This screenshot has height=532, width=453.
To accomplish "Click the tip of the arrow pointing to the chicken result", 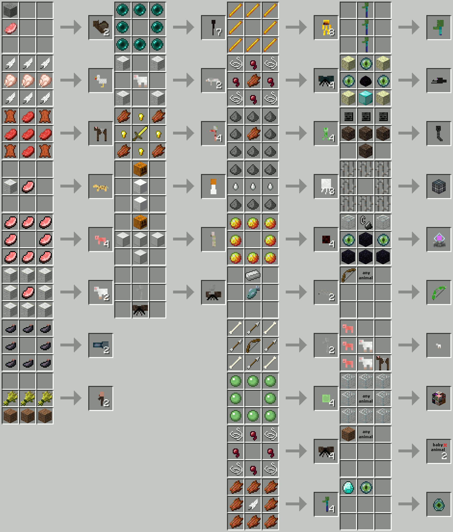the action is pos(82,80).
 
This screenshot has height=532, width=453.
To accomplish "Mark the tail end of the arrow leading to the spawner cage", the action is pos(398,186).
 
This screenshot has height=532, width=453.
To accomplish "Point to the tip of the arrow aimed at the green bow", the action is pos(420,292).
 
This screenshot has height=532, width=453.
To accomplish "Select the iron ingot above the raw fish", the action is pos(253,275).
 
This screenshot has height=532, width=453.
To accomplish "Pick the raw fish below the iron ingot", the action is pos(253,292).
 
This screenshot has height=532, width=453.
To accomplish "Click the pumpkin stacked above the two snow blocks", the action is pos(140,169).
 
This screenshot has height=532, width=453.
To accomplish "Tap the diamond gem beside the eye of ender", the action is pos(348,487).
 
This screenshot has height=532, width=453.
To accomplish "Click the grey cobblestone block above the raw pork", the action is pos(10,10).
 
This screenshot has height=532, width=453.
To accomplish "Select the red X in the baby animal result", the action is pos(445,445).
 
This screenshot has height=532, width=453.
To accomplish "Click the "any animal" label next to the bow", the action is pos(366,275).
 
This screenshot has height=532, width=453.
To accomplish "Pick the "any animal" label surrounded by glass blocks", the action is pos(366,398).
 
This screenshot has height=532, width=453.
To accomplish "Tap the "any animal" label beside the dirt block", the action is pos(366,434).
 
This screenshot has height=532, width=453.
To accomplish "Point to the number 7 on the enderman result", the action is pos(219,32).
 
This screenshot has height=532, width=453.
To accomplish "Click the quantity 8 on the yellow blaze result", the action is pos(332,32).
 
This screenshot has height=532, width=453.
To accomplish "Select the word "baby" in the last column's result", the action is pos(438,445).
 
